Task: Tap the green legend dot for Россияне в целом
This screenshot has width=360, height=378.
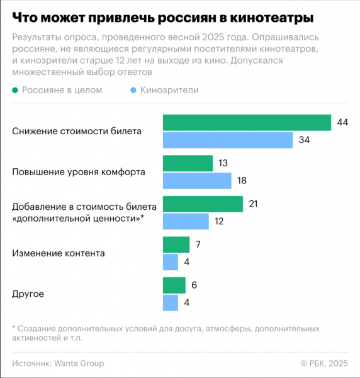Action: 16,90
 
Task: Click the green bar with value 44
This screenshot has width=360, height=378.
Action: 247,122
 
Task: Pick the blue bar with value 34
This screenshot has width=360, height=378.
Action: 228,140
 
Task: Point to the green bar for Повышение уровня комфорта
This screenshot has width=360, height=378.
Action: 188,163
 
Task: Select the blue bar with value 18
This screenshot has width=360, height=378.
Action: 197,181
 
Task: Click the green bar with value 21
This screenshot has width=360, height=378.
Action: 203,204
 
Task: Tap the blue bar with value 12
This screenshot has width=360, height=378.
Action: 186,221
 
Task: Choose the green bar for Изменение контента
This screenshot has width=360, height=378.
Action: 176,244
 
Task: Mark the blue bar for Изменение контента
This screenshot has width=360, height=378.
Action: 171,262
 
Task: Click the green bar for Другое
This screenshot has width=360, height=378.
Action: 174,285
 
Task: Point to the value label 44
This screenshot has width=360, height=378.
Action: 342,122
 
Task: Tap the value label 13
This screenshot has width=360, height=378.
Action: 223,163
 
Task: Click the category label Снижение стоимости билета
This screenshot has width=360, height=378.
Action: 77,131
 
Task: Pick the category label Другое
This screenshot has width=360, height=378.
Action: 28,294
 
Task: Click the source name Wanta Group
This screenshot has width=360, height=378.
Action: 79,364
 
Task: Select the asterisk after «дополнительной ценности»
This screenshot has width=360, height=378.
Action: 142,217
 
